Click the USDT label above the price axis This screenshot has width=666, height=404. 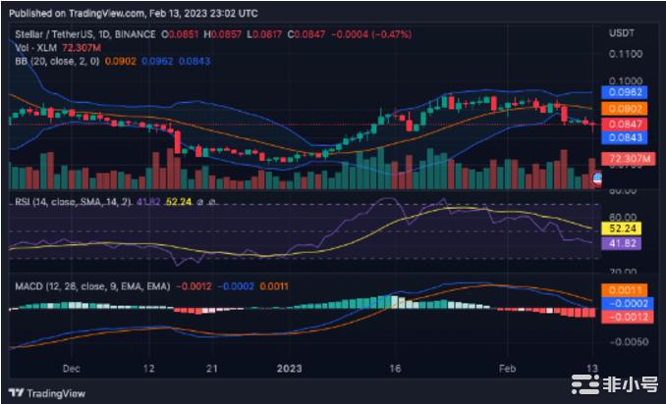click(623, 32)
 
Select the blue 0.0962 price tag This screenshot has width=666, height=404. click(626, 92)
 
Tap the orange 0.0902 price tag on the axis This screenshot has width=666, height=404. click(626, 108)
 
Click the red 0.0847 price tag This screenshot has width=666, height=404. click(626, 125)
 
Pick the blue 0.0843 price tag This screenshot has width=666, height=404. click(626, 138)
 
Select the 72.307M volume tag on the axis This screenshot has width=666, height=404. click(628, 158)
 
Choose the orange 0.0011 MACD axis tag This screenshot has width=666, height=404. click(626, 290)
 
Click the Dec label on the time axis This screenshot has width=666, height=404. click(70, 371)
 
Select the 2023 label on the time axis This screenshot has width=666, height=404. click(292, 371)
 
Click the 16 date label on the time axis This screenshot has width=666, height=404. click(395, 371)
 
